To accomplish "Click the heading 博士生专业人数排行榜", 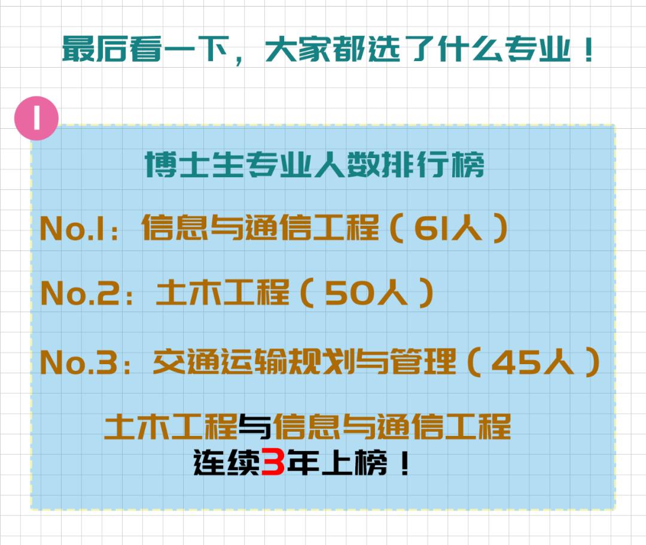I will pos(315,165).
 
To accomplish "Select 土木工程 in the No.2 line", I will pos(222,294).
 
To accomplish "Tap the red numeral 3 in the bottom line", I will pos(273,463).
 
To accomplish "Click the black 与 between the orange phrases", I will pos(255,426).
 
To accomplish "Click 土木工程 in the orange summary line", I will pos(171,426).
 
